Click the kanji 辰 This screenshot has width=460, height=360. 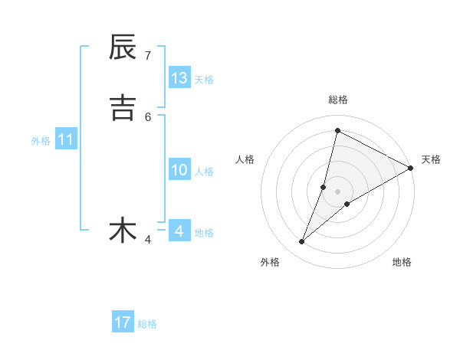[x=123, y=47]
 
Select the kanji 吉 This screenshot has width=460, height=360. [x=123, y=107]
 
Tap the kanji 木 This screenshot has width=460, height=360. [x=123, y=230]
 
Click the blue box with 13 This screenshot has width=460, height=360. [x=179, y=78]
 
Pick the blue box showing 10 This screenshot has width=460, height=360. [x=179, y=170]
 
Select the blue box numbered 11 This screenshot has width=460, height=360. [x=65, y=140]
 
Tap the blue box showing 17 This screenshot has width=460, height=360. [x=123, y=322]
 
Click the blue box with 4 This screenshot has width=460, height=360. [x=179, y=231]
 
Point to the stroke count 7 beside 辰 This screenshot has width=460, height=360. [x=148, y=55]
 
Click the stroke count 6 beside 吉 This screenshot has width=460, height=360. [x=148, y=116]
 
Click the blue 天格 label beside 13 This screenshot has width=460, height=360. [x=204, y=80]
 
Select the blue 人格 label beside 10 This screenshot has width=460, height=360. [x=204, y=172]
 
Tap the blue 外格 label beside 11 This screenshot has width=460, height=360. [x=41, y=141]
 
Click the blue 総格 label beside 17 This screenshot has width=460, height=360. [x=147, y=324]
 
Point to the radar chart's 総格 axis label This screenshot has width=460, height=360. [x=337, y=100]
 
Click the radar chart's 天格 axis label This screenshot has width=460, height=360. [x=431, y=159]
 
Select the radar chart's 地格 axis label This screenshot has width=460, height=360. [x=402, y=262]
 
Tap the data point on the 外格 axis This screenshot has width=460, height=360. [x=302, y=242]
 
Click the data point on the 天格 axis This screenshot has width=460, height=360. [x=411, y=168]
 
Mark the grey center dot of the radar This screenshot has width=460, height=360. [x=337, y=191]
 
